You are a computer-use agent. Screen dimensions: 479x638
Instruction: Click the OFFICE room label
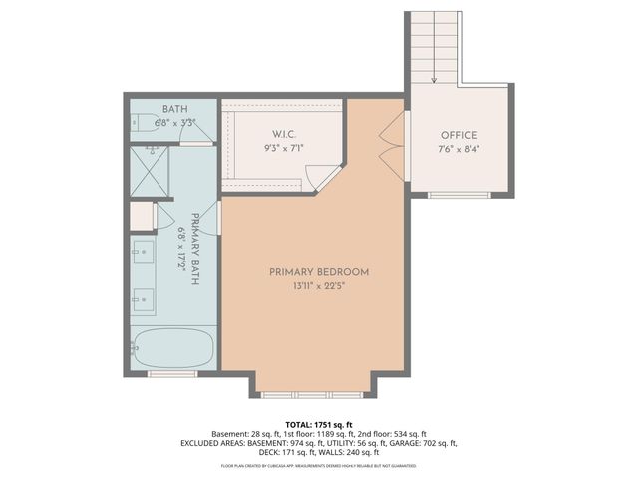[459, 136]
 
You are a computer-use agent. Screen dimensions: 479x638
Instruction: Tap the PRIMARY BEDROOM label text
[319, 272]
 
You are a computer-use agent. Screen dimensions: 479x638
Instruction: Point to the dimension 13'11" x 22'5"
[319, 287]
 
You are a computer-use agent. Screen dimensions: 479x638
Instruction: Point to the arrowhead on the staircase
[435, 80]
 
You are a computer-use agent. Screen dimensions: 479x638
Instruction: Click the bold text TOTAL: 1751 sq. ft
[319, 423]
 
